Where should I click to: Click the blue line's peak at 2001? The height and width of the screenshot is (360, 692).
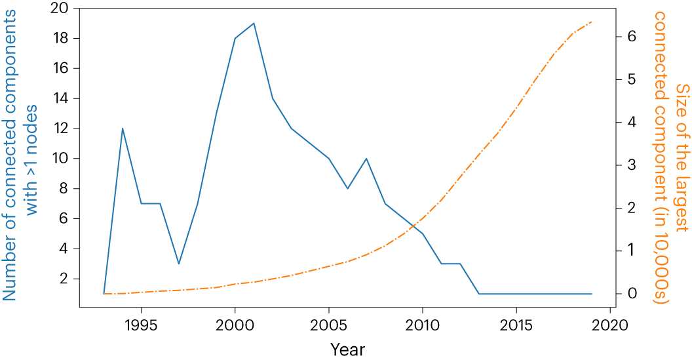click(254, 23)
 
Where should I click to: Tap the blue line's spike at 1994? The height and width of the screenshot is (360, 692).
click(123, 129)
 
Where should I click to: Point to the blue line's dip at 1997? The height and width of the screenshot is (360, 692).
click(179, 264)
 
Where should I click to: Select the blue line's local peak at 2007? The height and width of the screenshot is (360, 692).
click(366, 159)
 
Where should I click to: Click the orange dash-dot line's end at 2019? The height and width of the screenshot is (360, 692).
click(592, 22)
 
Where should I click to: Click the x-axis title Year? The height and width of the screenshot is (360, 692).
click(347, 349)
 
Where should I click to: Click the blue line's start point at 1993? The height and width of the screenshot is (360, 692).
click(104, 294)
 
